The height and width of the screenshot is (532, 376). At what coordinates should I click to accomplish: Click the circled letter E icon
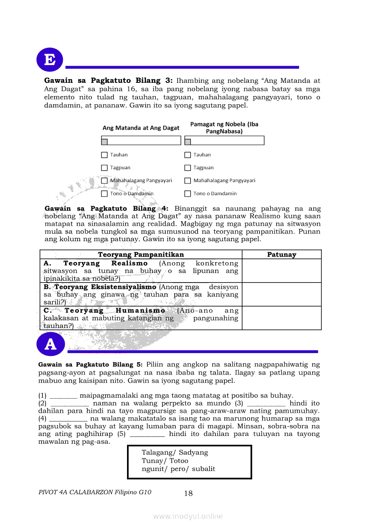pos(50,60)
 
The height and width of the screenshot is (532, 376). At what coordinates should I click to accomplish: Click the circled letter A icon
pos(51,345)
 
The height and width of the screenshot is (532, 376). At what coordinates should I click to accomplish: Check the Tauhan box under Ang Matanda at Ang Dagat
pos(104,155)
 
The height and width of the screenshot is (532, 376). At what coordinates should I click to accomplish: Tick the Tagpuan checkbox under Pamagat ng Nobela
pos(188,168)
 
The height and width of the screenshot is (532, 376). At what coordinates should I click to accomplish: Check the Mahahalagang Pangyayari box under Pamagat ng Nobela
pos(188,181)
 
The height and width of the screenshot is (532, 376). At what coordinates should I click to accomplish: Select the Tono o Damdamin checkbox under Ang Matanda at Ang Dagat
pos(104,193)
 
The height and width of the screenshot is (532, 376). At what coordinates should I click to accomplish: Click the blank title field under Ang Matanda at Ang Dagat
pos(141,141)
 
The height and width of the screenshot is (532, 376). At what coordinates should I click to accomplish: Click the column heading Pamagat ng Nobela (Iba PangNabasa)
pos(224,127)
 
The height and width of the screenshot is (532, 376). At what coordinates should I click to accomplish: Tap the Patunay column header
pos(281,255)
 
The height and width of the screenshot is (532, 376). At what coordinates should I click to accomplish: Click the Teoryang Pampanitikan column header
pos(141,255)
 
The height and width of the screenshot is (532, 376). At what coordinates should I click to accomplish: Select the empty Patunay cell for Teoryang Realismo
pos(281,271)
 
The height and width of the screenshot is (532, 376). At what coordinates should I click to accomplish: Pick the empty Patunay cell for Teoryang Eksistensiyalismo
pos(281,294)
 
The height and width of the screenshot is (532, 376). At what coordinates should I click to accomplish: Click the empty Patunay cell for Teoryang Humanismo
pos(281,318)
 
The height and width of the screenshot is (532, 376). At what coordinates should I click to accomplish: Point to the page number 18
pos(188,493)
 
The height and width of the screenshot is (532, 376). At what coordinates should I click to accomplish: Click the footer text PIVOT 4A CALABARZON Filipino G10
pos(95,492)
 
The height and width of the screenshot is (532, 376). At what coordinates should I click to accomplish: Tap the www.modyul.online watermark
pos(188,516)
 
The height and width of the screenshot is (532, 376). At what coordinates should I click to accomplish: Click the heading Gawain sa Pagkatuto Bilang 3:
pos(108,81)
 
